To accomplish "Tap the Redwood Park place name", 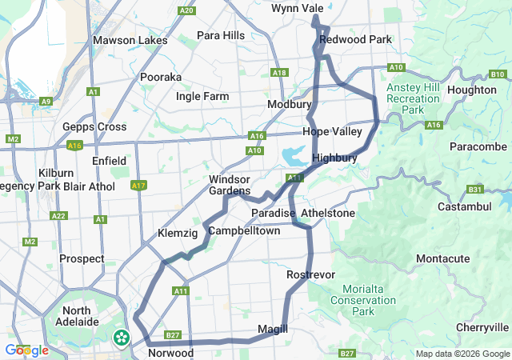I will [355, 39].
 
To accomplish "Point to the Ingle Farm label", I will [202, 97].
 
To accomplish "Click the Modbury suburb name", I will [289, 105].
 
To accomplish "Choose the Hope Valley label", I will [332, 131].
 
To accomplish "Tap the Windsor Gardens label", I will [230, 185].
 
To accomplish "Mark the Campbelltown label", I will [244, 230].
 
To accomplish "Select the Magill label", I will [272, 329].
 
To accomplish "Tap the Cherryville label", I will [482, 327].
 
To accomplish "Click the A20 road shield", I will [187, 10].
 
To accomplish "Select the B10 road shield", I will [497, 74].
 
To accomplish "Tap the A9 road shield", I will [46, 101].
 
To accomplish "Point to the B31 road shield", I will [475, 190].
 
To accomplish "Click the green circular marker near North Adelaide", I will [122, 338].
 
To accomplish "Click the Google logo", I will [26, 350].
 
